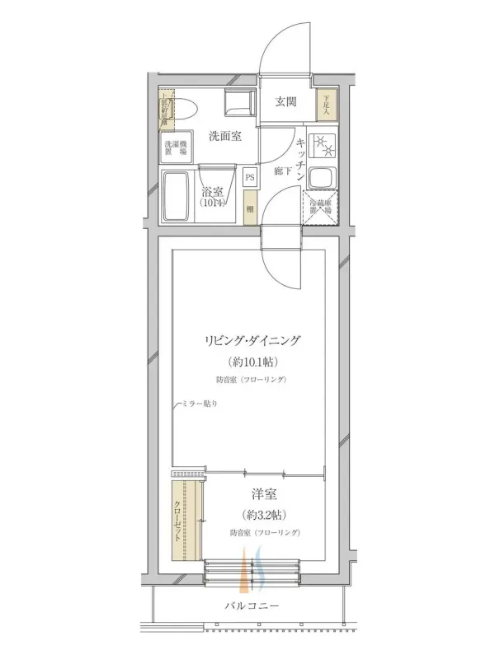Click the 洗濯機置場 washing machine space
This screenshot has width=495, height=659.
pyautogui.click(x=173, y=149)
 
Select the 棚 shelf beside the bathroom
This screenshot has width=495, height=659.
pyautogui.click(x=249, y=209)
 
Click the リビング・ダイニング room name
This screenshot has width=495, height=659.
pyautogui.click(x=252, y=339)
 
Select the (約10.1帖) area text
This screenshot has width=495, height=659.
pyautogui.click(x=252, y=362)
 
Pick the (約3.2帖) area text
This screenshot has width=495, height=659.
pyautogui.click(x=264, y=515)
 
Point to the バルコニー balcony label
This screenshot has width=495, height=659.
pyautogui.click(x=252, y=606)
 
